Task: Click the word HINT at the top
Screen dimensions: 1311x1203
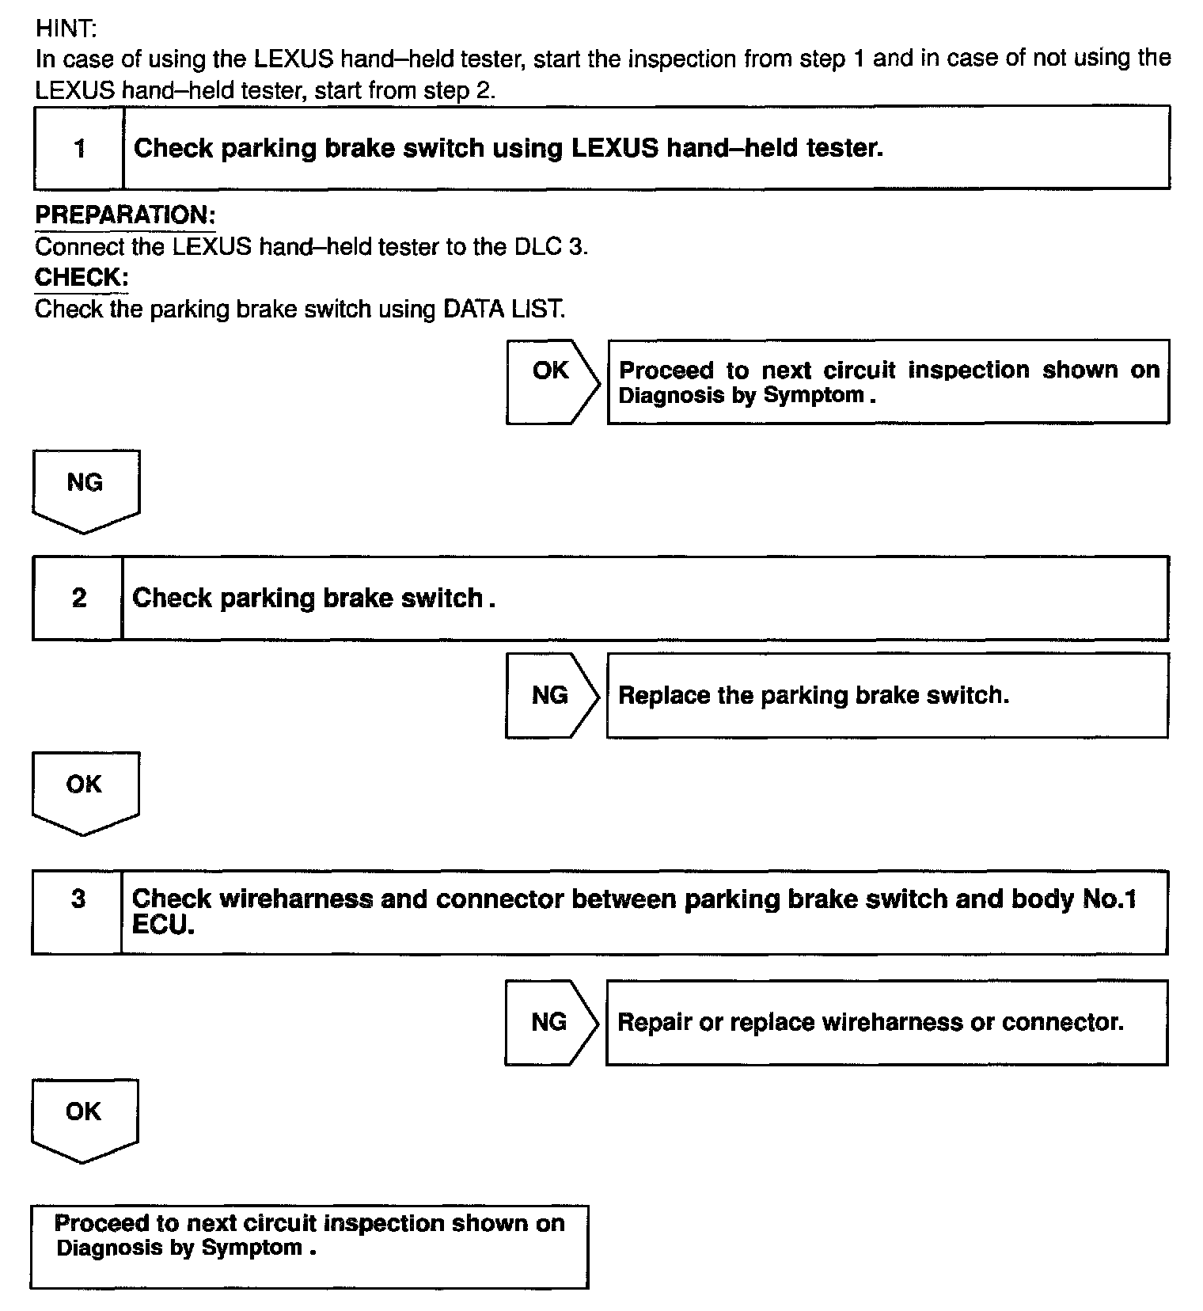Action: (x=66, y=29)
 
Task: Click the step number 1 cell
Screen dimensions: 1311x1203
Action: (x=79, y=149)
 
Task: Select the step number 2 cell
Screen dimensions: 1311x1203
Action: (x=78, y=598)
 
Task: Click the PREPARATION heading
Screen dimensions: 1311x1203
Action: (x=125, y=215)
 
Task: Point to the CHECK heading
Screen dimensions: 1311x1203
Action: (x=82, y=278)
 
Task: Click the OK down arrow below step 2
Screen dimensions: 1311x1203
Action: (x=85, y=790)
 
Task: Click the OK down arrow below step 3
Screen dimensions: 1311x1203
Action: (x=84, y=1117)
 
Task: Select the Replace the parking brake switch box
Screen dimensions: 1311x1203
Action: (x=886, y=696)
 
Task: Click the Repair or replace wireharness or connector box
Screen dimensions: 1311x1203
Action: (x=886, y=1022)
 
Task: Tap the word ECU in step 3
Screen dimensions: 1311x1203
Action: (x=162, y=925)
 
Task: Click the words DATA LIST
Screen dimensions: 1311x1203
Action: (x=503, y=309)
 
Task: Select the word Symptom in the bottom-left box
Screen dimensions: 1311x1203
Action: (x=252, y=1248)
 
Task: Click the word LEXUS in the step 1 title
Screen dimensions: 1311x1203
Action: (x=614, y=148)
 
